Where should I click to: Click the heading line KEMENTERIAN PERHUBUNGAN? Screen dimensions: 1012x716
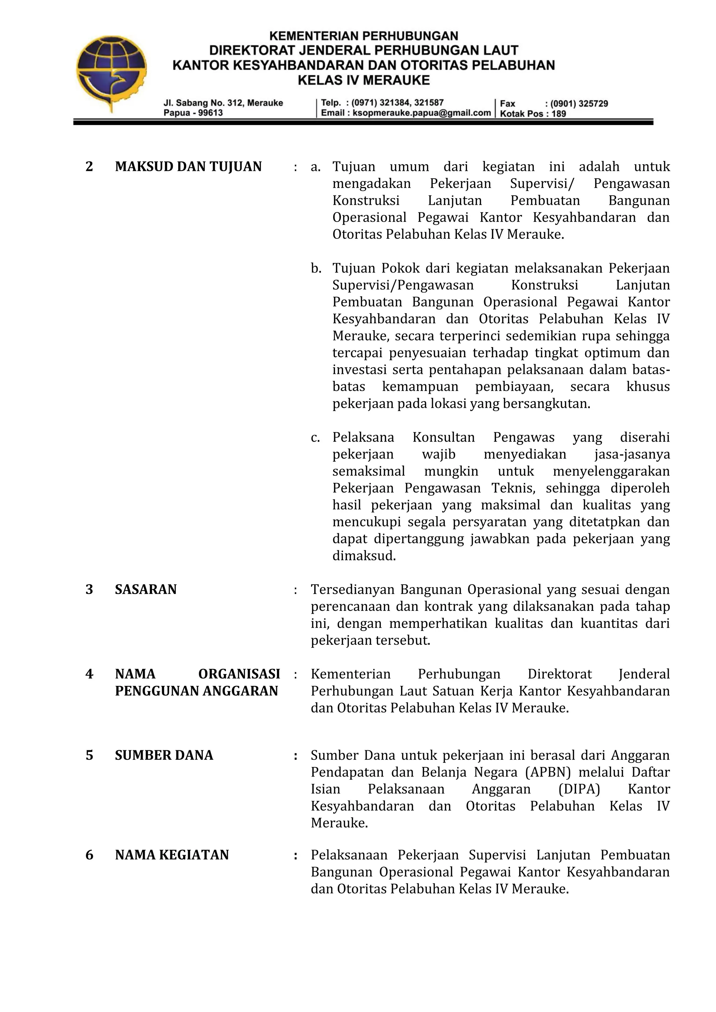[363, 36]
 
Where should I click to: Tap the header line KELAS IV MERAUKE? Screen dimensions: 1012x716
[363, 80]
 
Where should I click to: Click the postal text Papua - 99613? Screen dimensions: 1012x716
[193, 113]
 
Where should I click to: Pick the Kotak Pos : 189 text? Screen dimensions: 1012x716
[533, 114]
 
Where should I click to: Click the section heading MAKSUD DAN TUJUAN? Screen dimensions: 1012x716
[188, 167]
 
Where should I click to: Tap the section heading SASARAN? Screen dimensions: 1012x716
[145, 589]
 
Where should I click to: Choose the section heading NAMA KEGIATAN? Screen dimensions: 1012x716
[172, 855]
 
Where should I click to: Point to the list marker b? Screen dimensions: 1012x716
[316, 268]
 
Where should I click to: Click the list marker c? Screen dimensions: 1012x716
[315, 437]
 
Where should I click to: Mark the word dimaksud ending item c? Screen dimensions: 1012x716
[364, 556]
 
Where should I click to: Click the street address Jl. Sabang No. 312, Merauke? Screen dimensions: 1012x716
[223, 103]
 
